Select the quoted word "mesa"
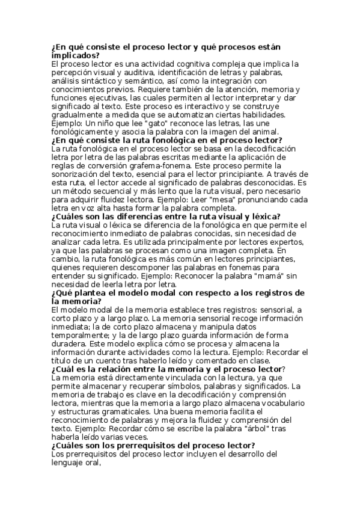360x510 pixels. click(x=188, y=201)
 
